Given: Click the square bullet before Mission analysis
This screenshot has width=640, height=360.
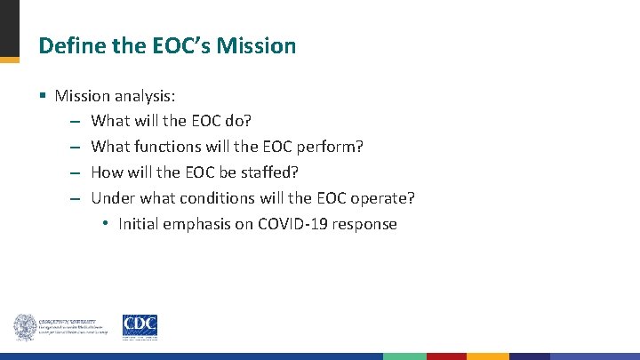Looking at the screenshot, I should click(44, 95).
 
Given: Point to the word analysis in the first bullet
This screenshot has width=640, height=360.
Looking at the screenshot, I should click(146, 95).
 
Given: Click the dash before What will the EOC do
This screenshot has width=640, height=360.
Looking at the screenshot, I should click(75, 121).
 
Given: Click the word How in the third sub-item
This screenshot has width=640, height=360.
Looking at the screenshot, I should click(107, 172).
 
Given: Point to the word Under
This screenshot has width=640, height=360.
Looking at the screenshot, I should click(112, 198).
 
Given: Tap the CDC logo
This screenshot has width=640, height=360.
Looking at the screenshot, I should click(140, 326).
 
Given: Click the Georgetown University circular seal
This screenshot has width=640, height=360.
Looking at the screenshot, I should click(24, 327).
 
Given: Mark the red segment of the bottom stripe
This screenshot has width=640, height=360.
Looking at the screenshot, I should click(446, 356).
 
